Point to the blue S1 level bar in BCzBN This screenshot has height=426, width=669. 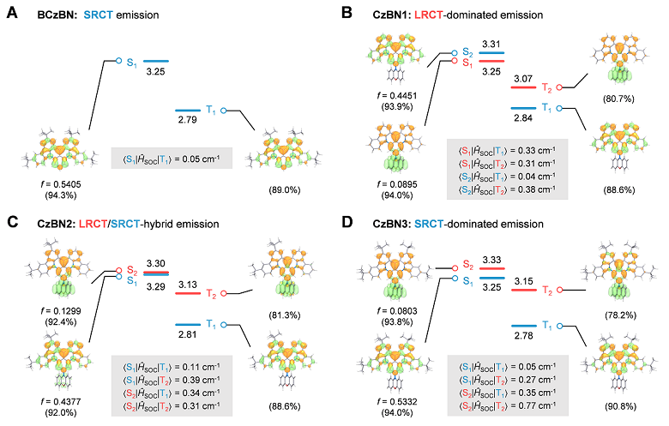pos(156,61)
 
